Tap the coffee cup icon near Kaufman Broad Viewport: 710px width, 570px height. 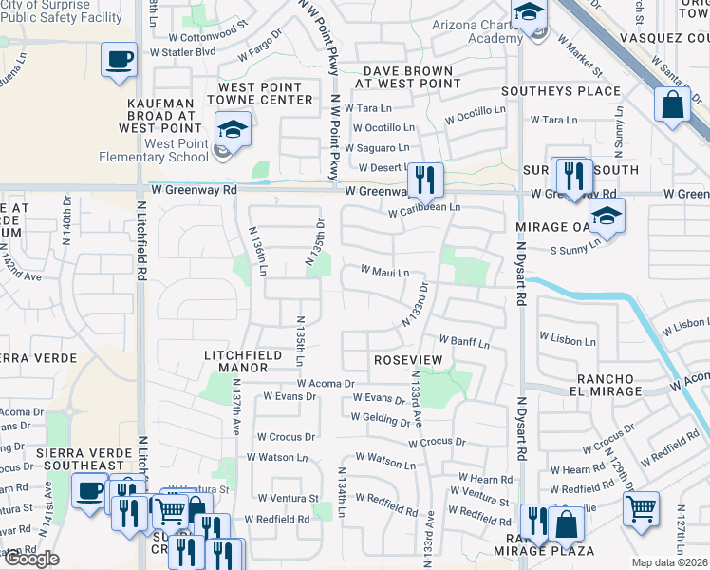coord(121,60)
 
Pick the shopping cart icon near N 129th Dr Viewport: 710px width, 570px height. coord(642,507)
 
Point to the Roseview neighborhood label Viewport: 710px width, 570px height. coord(408,361)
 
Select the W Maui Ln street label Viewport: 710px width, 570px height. coord(384,272)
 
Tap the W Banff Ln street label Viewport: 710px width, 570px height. coord(464,342)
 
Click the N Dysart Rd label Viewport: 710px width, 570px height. coord(521,271)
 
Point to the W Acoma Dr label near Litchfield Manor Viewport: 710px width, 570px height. coord(325,384)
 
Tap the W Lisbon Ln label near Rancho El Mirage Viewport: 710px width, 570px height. coord(568,337)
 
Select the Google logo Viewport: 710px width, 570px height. coord(31,559)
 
